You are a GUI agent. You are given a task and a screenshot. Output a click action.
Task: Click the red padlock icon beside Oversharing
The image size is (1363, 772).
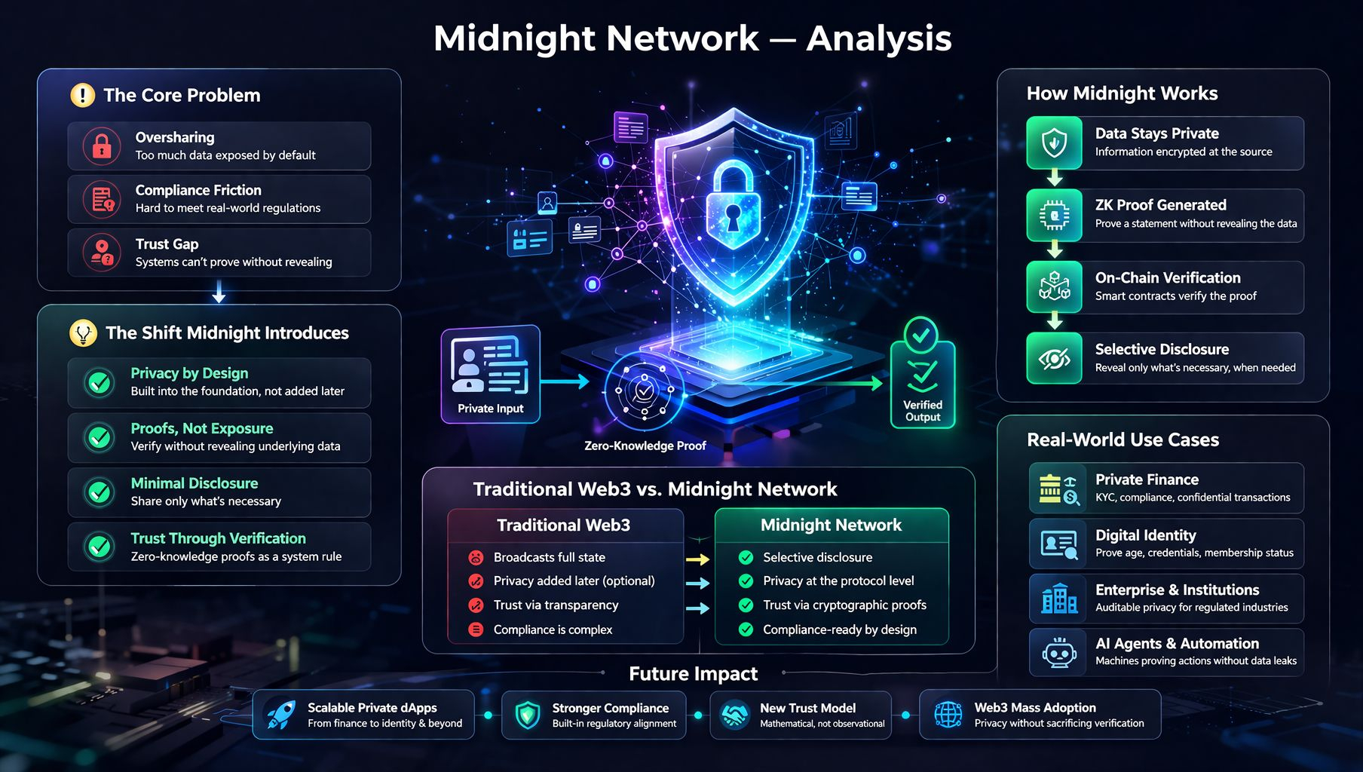pos(102,146)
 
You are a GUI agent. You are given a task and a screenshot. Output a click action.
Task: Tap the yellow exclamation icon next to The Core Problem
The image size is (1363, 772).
pos(82,95)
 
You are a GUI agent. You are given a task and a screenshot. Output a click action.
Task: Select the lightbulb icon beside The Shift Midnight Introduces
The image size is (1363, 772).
pos(83,332)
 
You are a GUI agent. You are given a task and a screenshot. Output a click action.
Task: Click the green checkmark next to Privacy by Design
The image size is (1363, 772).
pos(100,382)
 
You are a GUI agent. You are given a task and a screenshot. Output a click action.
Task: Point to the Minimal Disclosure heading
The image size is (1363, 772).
pos(194,483)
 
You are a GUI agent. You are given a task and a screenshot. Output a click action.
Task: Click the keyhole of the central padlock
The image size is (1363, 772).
pos(733,219)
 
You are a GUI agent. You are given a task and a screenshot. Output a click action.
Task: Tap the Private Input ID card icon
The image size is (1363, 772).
pos(489,365)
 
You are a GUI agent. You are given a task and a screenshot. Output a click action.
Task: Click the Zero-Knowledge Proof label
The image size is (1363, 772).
pos(645,446)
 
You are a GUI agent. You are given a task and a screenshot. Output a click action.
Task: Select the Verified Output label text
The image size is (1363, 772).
pos(923,411)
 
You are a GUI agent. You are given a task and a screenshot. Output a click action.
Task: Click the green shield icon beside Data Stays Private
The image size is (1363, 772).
pos(1054,142)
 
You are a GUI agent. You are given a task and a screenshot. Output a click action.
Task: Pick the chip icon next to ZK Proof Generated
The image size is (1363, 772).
pos(1054,216)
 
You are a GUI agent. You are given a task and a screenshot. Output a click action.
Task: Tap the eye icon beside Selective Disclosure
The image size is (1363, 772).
pos(1054,358)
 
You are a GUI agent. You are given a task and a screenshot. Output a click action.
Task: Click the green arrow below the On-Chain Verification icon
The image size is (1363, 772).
pos(1055,322)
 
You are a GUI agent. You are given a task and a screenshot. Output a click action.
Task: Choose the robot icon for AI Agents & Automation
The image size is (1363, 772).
pos(1059,652)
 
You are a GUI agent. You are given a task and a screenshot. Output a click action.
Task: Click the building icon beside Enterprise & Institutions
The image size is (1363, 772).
pos(1059,598)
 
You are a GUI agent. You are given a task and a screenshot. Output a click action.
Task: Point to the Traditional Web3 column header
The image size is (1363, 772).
pos(563,525)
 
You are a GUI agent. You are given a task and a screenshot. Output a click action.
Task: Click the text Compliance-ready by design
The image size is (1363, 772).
pos(840,630)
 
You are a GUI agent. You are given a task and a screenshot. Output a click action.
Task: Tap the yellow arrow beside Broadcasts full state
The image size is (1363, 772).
pos(698,559)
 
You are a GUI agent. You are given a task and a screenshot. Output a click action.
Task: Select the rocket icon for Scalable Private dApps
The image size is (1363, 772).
pos(280,714)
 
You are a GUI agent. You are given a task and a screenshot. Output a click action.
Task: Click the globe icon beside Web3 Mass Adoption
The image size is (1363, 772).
pos(948,714)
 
